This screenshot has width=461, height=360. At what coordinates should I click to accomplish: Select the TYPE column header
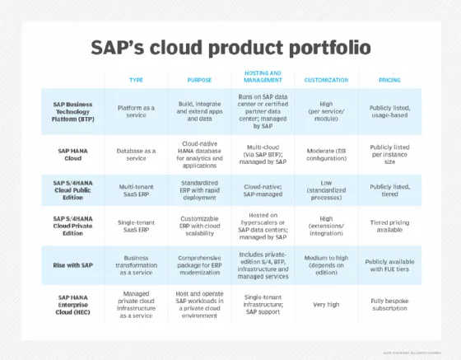137,80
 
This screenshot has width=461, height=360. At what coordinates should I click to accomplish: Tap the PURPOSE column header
199,80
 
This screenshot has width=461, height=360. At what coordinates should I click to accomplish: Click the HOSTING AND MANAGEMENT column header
263,76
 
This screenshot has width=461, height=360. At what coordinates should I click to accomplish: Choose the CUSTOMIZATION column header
326,80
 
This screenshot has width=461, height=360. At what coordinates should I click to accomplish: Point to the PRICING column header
389,80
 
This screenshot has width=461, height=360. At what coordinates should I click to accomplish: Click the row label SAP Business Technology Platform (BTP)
74,111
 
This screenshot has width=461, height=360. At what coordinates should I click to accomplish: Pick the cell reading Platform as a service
137,111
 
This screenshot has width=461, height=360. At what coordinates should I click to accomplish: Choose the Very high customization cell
326,302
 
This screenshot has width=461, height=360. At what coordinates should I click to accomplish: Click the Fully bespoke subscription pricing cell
389,302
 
